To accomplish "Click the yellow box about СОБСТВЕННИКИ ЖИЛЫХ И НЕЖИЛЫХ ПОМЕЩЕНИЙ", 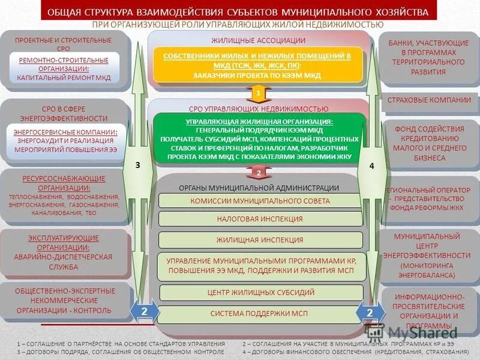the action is (x=258, y=65).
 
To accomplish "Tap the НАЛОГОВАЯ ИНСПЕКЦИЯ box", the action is (x=260, y=219).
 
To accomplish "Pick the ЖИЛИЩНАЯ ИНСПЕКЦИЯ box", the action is (x=260, y=240).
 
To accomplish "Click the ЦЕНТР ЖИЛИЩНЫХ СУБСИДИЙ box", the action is (x=261, y=293).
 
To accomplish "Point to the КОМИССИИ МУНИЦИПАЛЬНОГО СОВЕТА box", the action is (x=260, y=201).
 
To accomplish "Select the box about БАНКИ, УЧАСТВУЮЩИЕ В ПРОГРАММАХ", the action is (x=428, y=58).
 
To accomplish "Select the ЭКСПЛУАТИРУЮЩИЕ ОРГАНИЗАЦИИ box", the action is (x=64, y=253).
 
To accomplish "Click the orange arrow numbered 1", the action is (x=258, y=94).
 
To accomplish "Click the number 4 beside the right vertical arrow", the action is (x=371, y=166).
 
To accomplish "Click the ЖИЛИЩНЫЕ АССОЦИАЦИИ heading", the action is (x=258, y=40).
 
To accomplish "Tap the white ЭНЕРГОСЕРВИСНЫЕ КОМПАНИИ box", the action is (x=65, y=140).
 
